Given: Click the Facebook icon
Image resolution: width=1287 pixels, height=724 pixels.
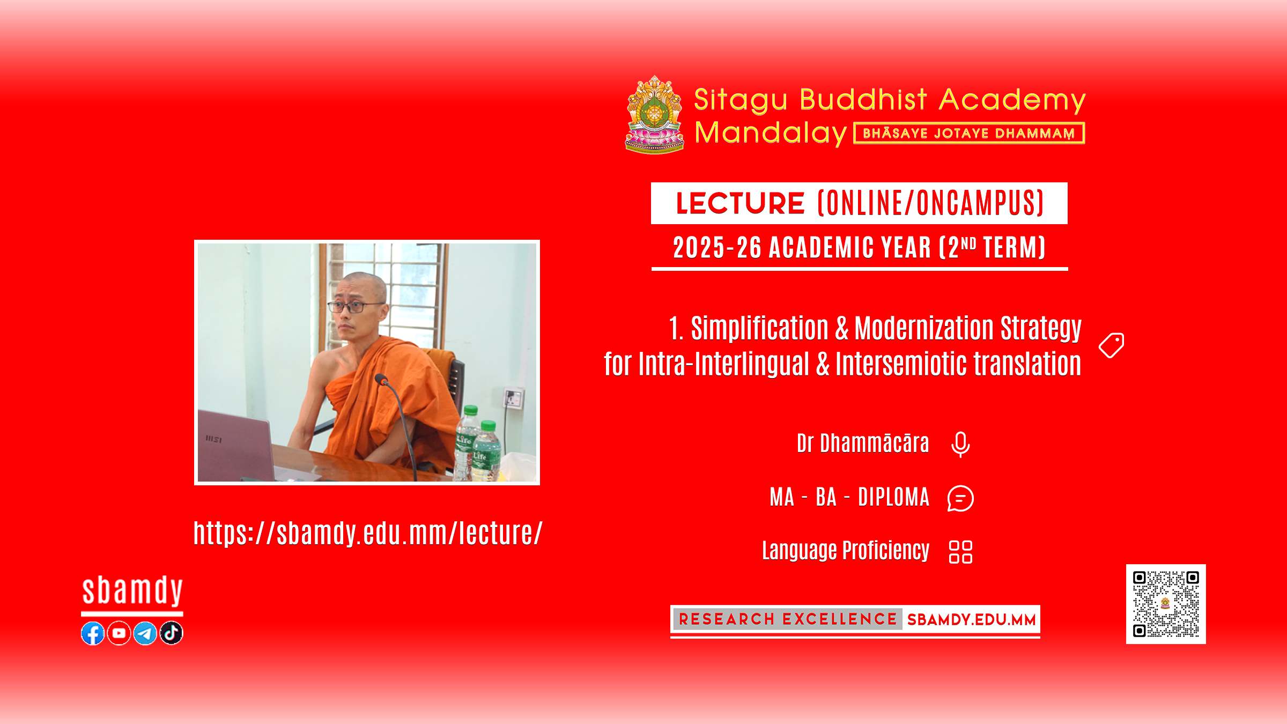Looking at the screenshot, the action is point(93,633).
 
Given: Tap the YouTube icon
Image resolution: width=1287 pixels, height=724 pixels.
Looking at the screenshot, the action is point(119,633).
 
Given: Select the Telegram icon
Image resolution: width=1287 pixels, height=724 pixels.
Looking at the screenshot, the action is point(145,633).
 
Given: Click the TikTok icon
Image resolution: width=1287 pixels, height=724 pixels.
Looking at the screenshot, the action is point(172,633).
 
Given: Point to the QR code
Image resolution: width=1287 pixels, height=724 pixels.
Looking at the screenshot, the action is point(1166,604).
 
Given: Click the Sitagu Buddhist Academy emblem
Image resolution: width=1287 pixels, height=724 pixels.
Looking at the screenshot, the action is point(655,115).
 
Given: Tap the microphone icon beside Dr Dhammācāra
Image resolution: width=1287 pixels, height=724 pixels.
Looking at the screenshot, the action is point(960,445).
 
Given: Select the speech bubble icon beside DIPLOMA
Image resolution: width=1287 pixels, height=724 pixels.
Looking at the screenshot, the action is point(960,498).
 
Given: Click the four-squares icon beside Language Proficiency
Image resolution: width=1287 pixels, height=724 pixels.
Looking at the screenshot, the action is point(960,552).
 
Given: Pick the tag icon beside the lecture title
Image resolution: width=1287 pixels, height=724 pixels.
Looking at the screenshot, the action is point(1111,345).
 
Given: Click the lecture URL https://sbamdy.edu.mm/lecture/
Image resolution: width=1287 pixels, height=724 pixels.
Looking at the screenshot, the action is point(368,533).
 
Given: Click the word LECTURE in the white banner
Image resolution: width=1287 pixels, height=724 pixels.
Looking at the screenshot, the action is point(740,203).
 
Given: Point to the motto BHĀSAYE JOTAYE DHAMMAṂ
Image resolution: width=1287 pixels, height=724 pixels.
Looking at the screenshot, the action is point(969,134).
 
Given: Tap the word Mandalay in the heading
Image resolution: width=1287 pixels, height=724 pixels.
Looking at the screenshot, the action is point(771,133).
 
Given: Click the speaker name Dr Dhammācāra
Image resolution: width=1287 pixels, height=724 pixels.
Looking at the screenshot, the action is point(863,444).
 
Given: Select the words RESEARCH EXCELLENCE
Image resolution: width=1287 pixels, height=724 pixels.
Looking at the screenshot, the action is point(788,619).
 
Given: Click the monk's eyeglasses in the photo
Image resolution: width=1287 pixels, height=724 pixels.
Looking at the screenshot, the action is point(356,307).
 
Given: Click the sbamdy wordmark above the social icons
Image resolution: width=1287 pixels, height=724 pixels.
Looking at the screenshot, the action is point(132,591).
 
